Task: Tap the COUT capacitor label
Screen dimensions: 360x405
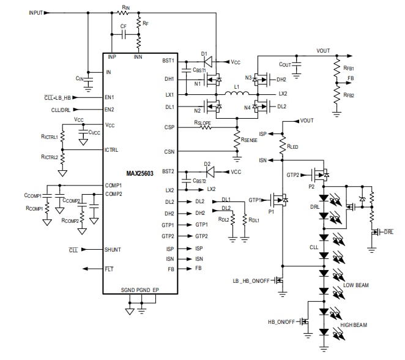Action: tap(285, 64)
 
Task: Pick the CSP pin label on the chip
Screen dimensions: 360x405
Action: tap(169, 127)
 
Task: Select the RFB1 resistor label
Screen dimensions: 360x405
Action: tap(349, 69)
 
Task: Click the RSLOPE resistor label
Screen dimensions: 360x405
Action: tap(206, 123)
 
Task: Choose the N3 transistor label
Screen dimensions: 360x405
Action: tap(248, 78)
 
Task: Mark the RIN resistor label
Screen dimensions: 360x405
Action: tap(125, 7)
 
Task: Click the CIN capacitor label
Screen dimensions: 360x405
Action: tap(80, 78)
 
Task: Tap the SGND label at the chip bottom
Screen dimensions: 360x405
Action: tap(128, 290)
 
